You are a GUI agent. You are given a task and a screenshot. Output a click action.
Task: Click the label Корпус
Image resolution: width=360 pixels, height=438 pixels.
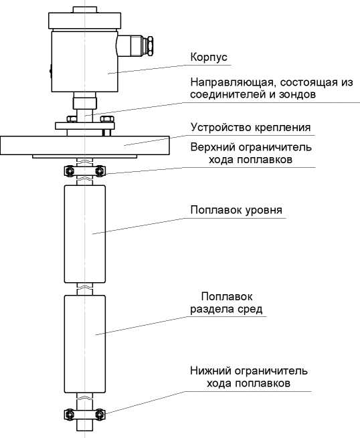click(209, 58)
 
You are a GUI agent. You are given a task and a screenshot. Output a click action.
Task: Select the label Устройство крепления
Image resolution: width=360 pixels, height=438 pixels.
click(250, 127)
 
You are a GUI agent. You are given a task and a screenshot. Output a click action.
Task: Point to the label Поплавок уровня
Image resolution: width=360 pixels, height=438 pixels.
click(236, 210)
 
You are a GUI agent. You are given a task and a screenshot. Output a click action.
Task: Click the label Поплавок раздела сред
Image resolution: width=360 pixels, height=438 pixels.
click(226, 303)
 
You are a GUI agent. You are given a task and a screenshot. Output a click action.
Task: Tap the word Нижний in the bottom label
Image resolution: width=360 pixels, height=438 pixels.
click(211, 371)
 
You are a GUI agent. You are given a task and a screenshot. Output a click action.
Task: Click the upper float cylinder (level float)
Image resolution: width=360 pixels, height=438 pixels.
click(85, 234)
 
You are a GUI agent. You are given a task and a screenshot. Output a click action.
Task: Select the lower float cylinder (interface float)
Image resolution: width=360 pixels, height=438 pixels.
click(85, 344)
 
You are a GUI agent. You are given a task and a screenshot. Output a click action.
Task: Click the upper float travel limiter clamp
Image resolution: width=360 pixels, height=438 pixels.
click(85, 171)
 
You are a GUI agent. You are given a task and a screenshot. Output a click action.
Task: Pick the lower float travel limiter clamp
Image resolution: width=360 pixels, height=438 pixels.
click(85, 414)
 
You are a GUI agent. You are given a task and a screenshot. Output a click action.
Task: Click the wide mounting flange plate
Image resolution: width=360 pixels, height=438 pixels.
click(85, 145)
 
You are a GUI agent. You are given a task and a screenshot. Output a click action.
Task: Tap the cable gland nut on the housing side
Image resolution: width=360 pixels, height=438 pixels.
click(150, 47)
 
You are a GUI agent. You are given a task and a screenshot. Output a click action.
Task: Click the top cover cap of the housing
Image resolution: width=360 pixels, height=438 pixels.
click(85, 20)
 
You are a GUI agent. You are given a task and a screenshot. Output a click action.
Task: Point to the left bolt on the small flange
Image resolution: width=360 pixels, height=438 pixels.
click(72, 119)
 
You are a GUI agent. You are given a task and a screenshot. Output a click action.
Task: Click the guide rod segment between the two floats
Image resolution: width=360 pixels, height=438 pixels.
click(85, 289)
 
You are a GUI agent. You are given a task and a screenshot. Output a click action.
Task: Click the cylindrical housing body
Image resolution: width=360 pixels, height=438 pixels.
click(85, 62)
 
